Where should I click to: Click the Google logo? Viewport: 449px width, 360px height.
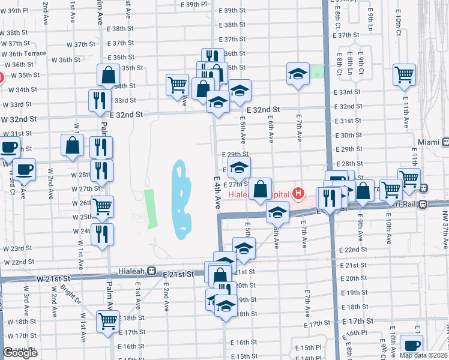[20, 353]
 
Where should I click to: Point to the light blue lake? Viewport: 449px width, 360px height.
[181, 198]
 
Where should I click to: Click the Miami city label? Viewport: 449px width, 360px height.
[429, 142]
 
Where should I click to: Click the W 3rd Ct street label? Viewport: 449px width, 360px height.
[11, 182]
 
